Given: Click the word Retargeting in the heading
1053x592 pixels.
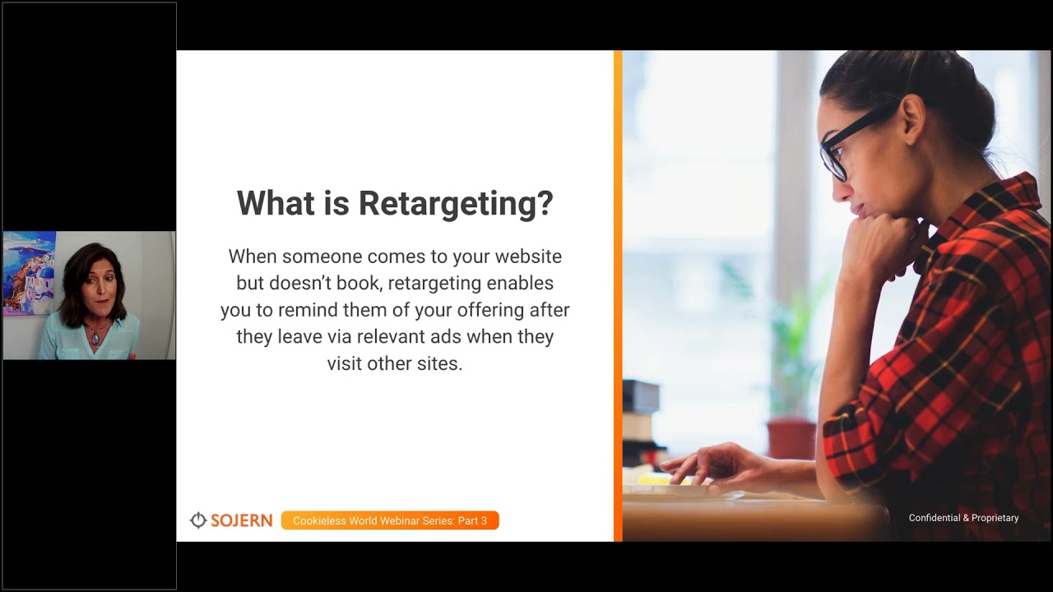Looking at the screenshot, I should [x=455, y=204].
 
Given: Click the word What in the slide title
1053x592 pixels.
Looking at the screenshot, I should [x=276, y=203].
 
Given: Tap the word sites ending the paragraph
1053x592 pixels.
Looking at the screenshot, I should [x=438, y=363].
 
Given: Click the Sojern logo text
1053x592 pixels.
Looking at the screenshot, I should [x=241, y=520].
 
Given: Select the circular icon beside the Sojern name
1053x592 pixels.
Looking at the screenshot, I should [x=197, y=520].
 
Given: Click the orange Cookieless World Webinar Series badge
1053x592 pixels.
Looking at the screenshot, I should [x=390, y=520].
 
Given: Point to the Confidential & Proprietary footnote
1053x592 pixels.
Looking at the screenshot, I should [x=963, y=518].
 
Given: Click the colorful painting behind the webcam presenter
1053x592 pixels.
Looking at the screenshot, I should [x=29, y=271].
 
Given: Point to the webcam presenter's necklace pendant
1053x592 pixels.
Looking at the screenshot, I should [x=96, y=338].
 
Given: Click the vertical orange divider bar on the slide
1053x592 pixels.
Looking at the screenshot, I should [x=618, y=296].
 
